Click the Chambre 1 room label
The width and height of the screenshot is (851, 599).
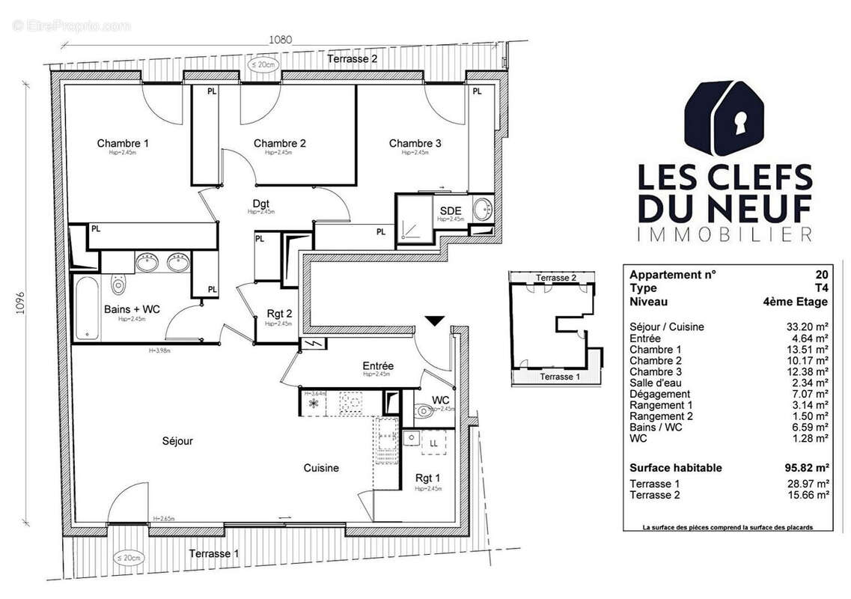pyautogui.click(x=123, y=143)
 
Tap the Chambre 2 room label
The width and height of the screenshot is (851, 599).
pyautogui.click(x=279, y=143)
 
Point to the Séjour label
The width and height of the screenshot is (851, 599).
pyautogui.click(x=177, y=441)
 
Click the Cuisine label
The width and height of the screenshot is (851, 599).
pyautogui.click(x=321, y=468)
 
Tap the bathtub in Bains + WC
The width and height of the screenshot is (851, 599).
pyautogui.click(x=91, y=307)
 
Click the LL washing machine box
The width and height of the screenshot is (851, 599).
pyautogui.click(x=433, y=443)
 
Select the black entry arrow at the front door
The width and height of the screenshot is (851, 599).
pyautogui.click(x=435, y=321)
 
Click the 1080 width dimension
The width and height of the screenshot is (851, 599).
pyautogui.click(x=281, y=40)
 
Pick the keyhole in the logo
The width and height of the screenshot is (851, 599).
pyautogui.click(x=739, y=120)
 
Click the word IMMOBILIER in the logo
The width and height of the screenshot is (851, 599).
pyautogui.click(x=724, y=234)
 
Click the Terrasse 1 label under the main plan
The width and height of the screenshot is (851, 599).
pyautogui.click(x=213, y=554)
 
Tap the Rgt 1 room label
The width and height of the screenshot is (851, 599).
pyautogui.click(x=428, y=478)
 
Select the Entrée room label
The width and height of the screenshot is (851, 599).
pyautogui.click(x=378, y=365)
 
